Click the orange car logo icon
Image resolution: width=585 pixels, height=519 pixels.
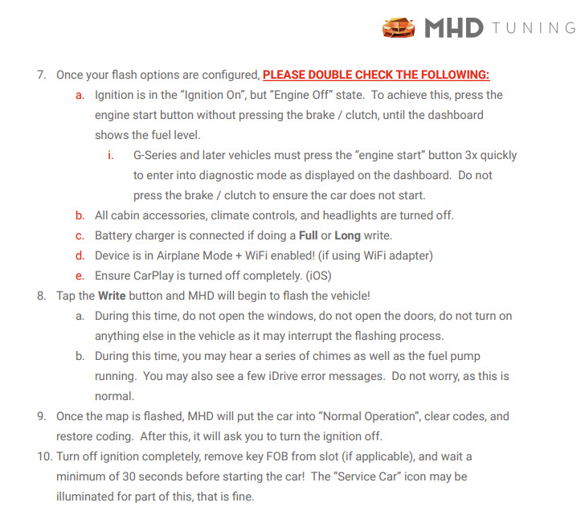pos(399,27)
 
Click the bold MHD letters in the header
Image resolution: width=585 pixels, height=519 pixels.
pos(454,28)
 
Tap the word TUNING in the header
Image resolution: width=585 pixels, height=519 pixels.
pos(534,28)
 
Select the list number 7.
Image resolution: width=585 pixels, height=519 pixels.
pos(42,75)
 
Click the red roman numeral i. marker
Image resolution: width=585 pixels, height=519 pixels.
pos(110,155)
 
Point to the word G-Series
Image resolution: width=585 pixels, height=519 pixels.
pos(155,155)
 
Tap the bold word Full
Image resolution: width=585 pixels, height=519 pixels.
pos(309,235)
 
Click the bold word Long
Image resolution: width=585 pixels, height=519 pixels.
pos(347,236)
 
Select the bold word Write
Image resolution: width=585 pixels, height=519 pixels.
pos(112,296)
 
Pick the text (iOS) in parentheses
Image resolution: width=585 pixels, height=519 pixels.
pos(318,276)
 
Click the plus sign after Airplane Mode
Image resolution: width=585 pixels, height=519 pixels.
pos(239,256)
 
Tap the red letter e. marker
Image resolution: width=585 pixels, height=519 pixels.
pos(80,276)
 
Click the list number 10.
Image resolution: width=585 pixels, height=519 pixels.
pos(44,456)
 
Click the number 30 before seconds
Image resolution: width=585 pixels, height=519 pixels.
pos(129,476)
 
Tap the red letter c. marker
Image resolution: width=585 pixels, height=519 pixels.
pos(80,236)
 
